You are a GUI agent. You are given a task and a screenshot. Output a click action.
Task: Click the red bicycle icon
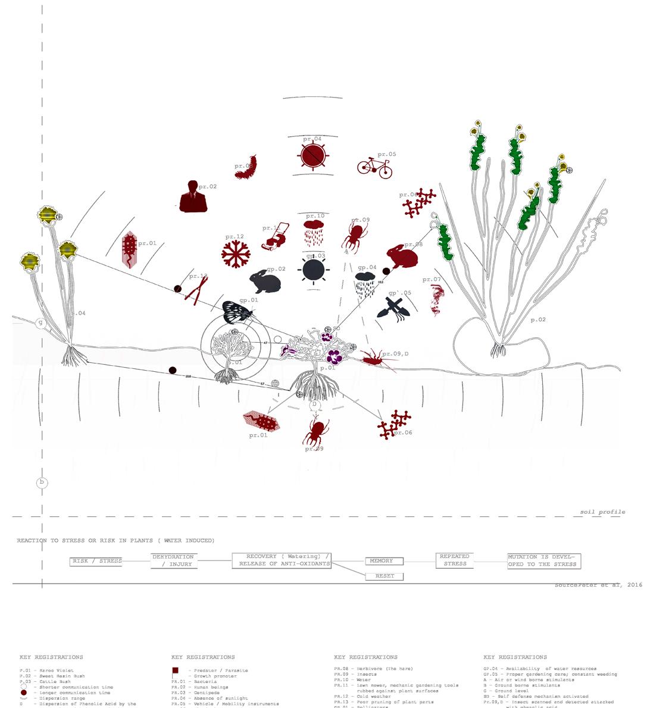pos(374,167)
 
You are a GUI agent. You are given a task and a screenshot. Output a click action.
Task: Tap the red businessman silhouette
pos(193,197)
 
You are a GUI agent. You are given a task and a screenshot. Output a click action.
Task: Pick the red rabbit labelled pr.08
pos(402,256)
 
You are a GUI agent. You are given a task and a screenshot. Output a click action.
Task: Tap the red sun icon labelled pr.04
pos(313,156)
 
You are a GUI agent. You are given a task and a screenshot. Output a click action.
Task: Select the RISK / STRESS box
pos(96,561)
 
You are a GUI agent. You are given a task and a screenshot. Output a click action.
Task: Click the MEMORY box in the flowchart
pos(383,561)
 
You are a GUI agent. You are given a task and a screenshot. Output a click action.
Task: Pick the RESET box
pos(384,576)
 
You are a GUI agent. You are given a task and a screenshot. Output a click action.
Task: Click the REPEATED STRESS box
pos(454,560)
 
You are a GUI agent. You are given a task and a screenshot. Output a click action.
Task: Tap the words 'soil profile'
pos(602,512)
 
